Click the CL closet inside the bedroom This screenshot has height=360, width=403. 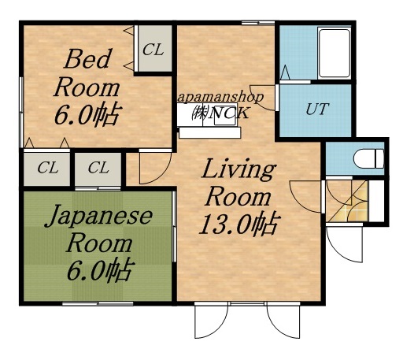click(x=153, y=50)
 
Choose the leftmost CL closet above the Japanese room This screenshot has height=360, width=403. click(x=47, y=167)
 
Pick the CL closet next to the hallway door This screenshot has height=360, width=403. click(x=98, y=167)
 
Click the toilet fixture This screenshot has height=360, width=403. click(x=366, y=158)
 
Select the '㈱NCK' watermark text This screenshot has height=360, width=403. click(x=223, y=113)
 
